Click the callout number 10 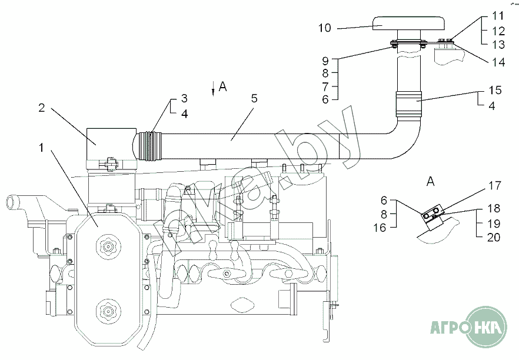(325, 28)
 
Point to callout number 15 (495, 90)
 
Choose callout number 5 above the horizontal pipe (254, 98)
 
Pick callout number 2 (41, 108)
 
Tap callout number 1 (41, 148)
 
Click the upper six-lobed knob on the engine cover (108, 246)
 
